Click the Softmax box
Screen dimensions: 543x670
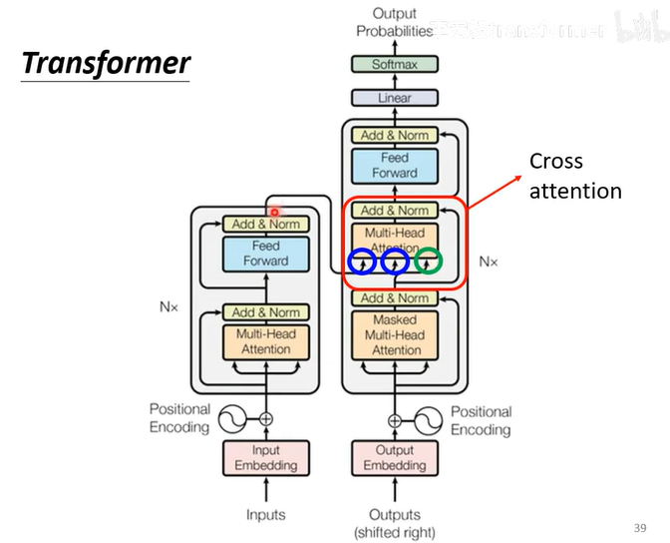click(394, 64)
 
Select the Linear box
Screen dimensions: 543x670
click(394, 98)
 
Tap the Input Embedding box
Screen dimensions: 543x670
click(266, 458)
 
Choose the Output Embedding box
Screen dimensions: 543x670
click(394, 458)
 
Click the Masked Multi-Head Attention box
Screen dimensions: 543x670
click(395, 335)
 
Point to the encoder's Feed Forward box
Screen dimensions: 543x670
click(265, 254)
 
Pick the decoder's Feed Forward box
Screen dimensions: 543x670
click(394, 166)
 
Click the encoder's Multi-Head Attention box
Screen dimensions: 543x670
click(265, 341)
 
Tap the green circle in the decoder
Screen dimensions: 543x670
click(428, 262)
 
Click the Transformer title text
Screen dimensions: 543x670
click(106, 64)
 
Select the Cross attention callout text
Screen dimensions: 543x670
click(574, 176)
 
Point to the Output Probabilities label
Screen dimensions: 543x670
click(394, 22)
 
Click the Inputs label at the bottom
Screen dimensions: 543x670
click(266, 515)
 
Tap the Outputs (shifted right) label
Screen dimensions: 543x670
click(395, 523)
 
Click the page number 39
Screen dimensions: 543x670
click(639, 527)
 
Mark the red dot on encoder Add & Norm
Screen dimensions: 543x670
click(274, 213)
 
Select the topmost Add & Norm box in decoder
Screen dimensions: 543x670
click(394, 135)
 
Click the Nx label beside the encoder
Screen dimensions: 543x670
click(168, 307)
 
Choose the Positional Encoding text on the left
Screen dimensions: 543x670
click(179, 418)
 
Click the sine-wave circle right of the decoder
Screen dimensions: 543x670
click(429, 419)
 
